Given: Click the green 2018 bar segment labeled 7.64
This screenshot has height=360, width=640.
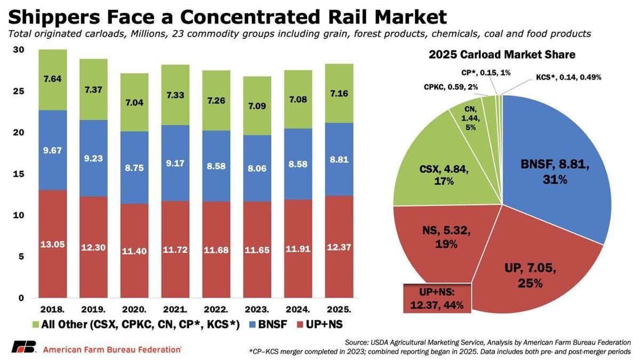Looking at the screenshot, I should pos(52,80).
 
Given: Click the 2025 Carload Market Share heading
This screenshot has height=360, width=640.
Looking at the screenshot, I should pos(502,54).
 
